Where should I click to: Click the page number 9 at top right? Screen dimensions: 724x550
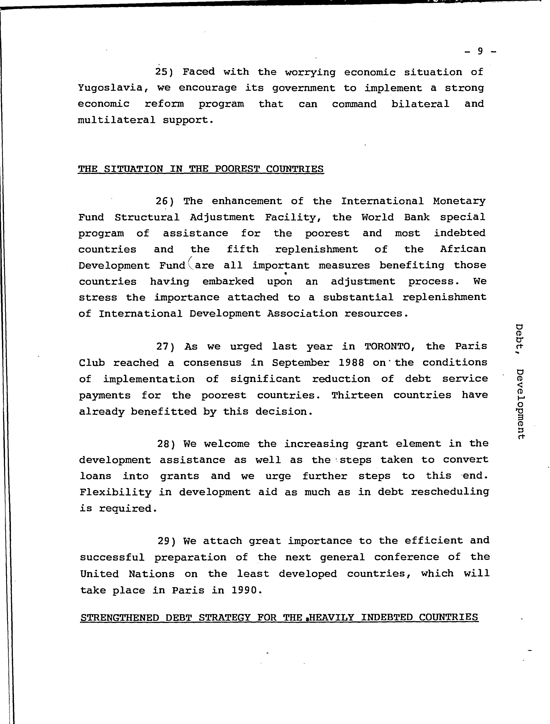tap(480, 51)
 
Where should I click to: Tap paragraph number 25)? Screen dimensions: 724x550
tap(164, 72)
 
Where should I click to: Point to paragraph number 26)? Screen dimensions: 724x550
tap(164, 201)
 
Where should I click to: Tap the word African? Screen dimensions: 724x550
tap(463, 249)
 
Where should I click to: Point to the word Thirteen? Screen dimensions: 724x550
tap(357, 395)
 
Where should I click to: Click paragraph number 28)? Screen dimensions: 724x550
tap(167, 444)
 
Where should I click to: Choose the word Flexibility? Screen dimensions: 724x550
tap(116, 492)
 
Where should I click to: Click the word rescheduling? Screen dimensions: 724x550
tap(450, 492)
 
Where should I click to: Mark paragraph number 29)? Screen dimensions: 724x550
tap(167, 541)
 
